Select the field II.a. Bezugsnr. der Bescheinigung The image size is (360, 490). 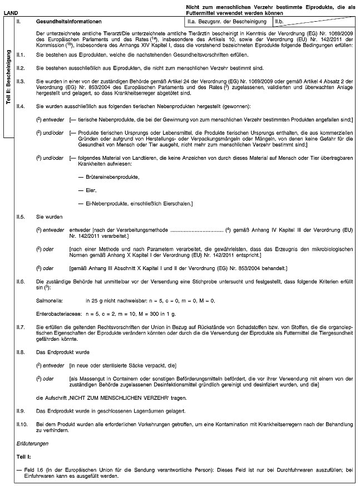pyautogui.click(x=228, y=22)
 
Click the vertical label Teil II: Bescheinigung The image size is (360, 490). pyautogui.click(x=8, y=77)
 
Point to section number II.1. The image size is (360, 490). pyautogui.click(x=21, y=56)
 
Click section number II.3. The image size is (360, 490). pyautogui.click(x=21, y=80)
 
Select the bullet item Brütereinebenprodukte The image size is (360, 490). pyautogui.click(x=109, y=177)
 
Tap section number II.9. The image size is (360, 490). pyautogui.click(x=21, y=411)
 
